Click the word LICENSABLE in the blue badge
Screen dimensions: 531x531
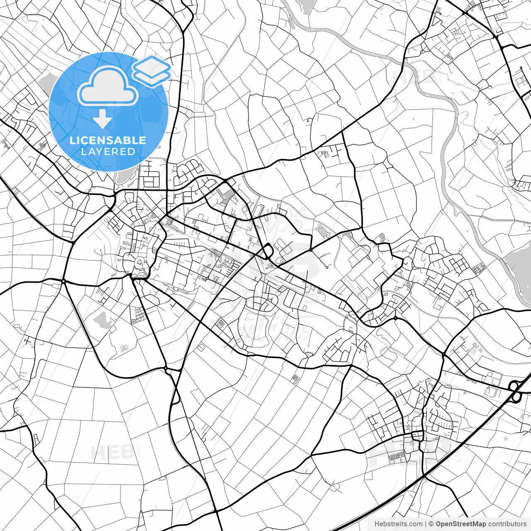108,140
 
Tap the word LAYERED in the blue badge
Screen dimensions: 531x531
108,152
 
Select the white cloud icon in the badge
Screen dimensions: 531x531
108,86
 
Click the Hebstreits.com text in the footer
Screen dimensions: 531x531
398,524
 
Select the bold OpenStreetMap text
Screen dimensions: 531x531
461,524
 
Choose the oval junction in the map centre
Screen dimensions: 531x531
267,251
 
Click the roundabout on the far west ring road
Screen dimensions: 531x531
64,282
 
